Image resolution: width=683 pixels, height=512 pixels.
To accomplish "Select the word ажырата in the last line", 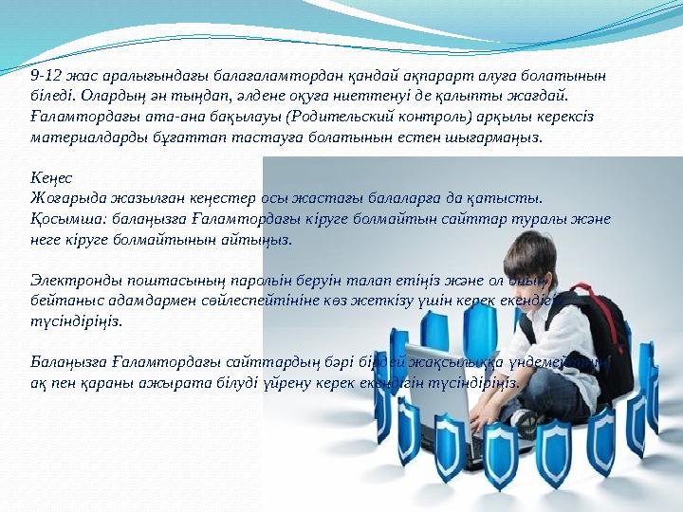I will pyautogui.click(x=167, y=383).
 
